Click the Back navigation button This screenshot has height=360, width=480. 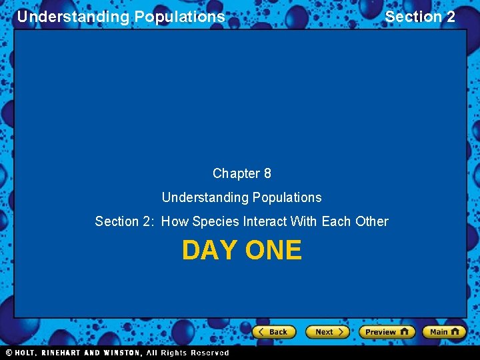click(273, 331)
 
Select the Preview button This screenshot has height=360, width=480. click(387, 331)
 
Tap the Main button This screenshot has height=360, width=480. click(443, 331)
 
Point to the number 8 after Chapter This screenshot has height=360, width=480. click(267, 174)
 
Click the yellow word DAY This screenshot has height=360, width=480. click(209, 250)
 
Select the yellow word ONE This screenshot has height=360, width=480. click(273, 250)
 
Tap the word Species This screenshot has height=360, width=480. click(215, 221)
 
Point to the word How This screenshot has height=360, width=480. click(175, 221)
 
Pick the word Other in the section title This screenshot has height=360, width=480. click(372, 221)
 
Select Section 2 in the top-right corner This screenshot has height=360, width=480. click(420, 17)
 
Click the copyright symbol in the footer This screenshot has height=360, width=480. click(9, 353)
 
